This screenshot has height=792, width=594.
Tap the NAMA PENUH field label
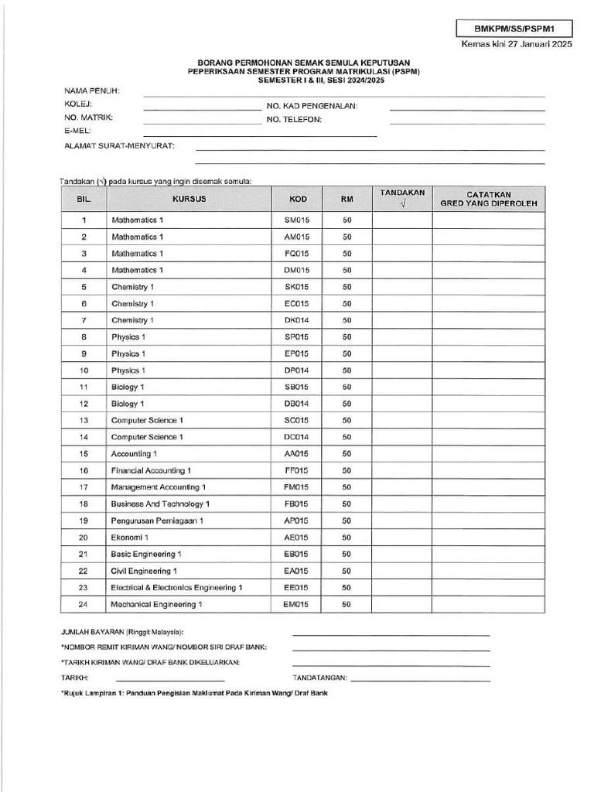(91, 91)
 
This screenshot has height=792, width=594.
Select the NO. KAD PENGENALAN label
(312, 105)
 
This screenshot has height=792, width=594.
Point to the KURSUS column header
(189, 199)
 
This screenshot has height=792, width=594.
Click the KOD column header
(297, 199)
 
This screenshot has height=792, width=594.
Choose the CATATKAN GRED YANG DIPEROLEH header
(488, 199)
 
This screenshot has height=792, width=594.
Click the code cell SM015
(297, 220)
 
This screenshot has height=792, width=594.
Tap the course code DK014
(297, 320)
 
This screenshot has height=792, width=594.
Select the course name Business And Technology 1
(161, 504)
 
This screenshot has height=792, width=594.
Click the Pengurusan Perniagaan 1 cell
(158, 521)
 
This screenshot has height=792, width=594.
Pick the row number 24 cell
(84, 604)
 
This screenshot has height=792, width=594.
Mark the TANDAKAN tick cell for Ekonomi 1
(401, 538)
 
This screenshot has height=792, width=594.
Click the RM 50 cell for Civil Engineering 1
(346, 571)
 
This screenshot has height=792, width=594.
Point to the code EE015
(297, 588)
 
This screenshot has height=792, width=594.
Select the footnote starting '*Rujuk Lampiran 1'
(194, 693)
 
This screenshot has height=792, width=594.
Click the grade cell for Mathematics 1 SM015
(488, 220)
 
